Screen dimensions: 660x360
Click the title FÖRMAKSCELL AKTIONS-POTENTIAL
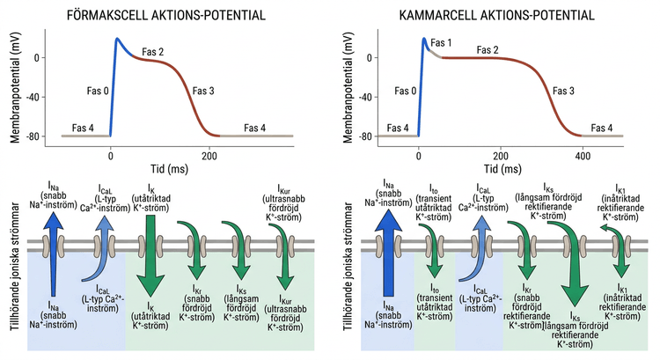[x=166, y=15]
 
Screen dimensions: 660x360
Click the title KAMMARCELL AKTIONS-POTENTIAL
[x=496, y=15]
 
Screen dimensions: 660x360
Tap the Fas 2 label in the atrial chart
[x=153, y=52]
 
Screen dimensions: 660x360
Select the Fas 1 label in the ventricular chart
[x=441, y=42]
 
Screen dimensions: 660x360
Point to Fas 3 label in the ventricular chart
[x=563, y=91]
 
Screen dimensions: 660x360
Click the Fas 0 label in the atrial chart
[x=98, y=91]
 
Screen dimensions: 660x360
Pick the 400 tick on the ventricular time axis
[x=583, y=156]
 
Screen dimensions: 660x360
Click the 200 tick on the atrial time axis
[x=209, y=156]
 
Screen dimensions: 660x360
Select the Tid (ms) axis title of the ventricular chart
[x=502, y=169]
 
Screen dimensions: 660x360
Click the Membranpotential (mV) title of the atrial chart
[x=15, y=87]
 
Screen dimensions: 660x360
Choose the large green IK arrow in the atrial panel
[x=150, y=255]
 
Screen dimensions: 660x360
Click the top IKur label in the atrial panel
[x=283, y=203]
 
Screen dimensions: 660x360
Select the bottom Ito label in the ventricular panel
[x=435, y=302]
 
